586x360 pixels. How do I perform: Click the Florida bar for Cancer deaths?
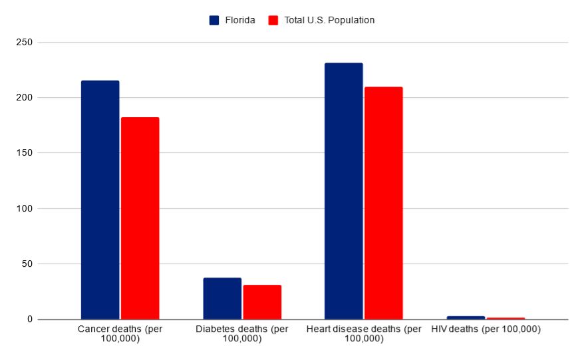pos(100,200)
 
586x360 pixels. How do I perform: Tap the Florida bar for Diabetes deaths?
pos(222,299)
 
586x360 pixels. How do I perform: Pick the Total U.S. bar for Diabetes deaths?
pos(262,302)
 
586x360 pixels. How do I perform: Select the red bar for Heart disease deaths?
pos(383,203)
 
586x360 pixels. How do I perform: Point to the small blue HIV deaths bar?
pos(466,317)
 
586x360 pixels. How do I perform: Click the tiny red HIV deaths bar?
pos(506,318)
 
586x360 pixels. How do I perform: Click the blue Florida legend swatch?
pos(214,20)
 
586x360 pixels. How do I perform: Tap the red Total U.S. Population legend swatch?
pos(273,20)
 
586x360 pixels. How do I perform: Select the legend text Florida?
pos(239,20)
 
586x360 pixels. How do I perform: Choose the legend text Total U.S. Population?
pos(329,20)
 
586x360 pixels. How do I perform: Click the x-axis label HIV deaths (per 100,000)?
pos(486,329)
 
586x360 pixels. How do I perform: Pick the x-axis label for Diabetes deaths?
pos(242,334)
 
